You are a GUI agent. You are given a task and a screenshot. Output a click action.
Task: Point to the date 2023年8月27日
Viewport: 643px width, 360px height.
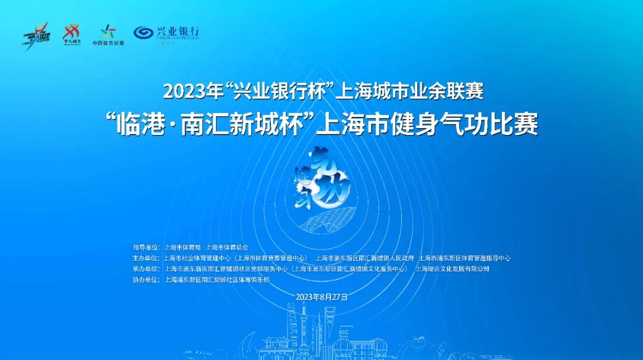coord(321,296)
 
